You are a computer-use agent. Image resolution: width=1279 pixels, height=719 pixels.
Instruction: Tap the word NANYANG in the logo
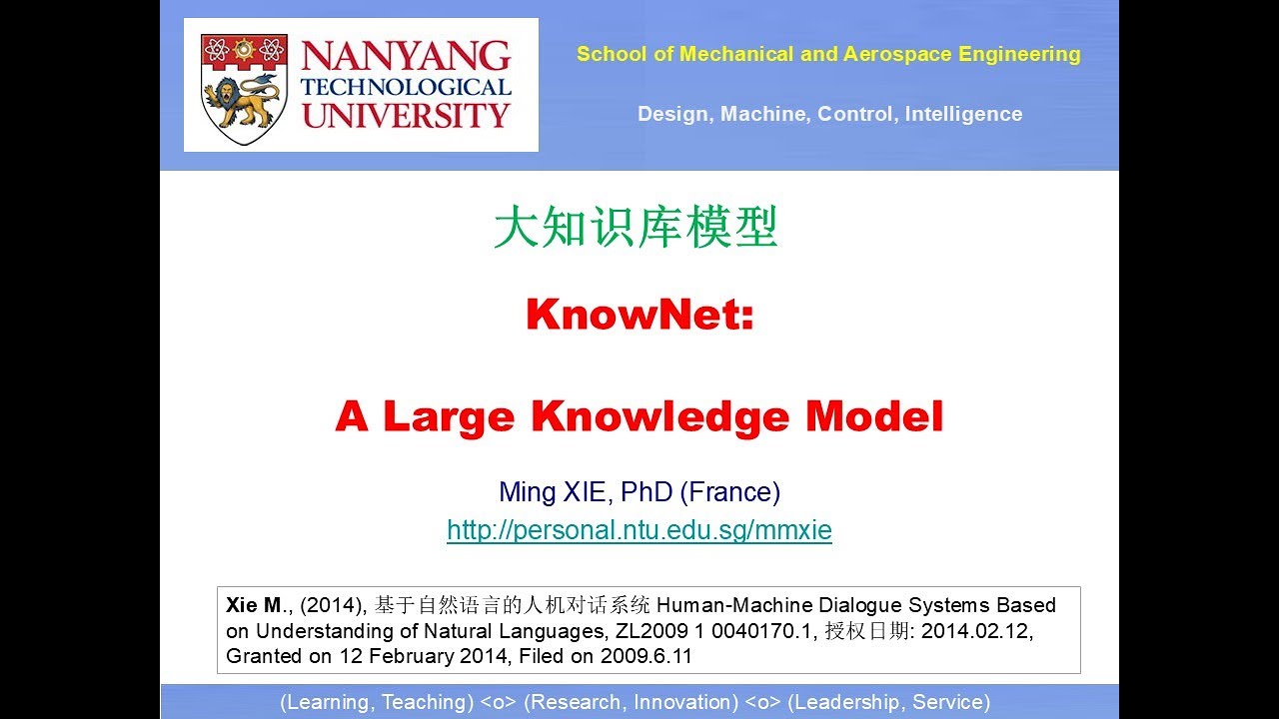[406, 56]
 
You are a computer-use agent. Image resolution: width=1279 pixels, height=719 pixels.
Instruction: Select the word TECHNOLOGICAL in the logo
[406, 87]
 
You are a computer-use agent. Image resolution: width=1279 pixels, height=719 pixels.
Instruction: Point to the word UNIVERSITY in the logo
[406, 115]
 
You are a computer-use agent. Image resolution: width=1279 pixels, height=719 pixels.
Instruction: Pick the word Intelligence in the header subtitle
[963, 114]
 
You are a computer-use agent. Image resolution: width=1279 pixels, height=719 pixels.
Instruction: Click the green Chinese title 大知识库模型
[636, 229]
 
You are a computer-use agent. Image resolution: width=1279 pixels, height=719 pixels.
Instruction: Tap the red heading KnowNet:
[639, 316]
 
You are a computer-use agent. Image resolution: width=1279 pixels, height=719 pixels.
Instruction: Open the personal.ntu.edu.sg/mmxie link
[639, 530]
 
